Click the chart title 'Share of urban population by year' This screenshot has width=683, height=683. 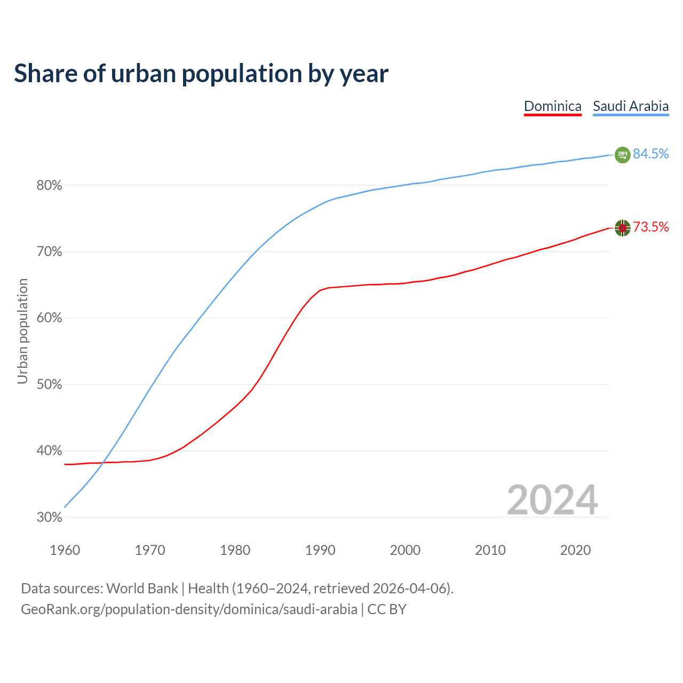click(201, 74)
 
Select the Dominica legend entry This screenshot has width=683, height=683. click(552, 106)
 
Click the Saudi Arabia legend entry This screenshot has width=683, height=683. click(631, 106)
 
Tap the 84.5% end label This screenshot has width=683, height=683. click(650, 154)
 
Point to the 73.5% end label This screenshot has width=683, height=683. click(650, 227)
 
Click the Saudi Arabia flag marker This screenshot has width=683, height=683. click(622, 155)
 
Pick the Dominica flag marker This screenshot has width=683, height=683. click(622, 228)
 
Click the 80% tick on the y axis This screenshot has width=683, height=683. click(49, 186)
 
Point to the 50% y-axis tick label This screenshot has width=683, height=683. click(49, 385)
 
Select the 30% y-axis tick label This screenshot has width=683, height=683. click(49, 518)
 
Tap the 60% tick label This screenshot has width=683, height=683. click(49, 319)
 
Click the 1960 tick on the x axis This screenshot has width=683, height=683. click(65, 550)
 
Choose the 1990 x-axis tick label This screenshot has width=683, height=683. click(320, 550)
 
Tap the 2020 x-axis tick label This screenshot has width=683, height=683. click(575, 550)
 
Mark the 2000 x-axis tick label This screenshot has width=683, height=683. click(405, 550)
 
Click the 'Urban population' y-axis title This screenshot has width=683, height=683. click(22, 331)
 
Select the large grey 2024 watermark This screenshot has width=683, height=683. click(552, 501)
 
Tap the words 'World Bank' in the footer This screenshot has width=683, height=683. click(142, 589)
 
